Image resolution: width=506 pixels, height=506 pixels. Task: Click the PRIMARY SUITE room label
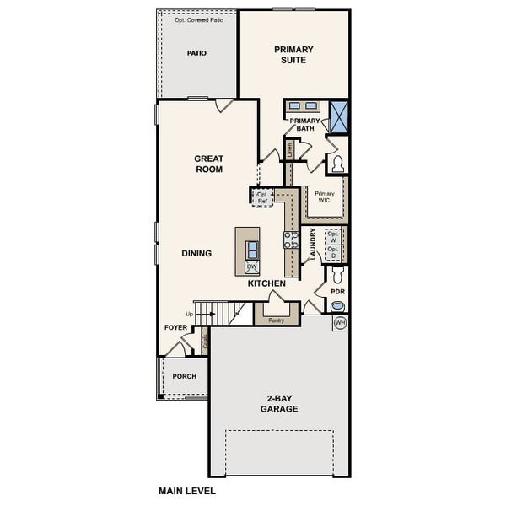coord(293,55)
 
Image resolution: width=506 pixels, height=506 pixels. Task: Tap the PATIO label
coord(196,53)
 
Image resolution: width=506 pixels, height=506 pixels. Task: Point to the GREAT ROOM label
coord(208,164)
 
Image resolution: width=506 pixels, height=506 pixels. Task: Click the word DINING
coord(196,253)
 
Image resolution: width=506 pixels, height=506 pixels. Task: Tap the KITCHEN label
coord(266,283)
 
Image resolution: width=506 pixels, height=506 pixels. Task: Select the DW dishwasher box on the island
coord(252,266)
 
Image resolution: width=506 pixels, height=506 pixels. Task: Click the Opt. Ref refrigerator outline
coord(262,197)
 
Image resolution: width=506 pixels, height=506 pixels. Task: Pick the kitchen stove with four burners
coord(292,239)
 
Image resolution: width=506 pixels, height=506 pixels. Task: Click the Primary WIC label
coord(325,196)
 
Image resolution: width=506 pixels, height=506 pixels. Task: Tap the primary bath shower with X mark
coord(339,116)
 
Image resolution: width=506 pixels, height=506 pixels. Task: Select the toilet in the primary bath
coord(338,164)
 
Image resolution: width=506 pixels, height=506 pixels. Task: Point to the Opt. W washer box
coord(333,235)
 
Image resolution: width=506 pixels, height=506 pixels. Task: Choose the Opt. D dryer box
coord(333,252)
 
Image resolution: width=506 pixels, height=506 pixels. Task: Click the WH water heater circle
coord(341,323)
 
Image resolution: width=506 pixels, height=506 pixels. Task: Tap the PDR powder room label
coord(338,292)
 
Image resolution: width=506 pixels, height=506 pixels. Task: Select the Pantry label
coord(276,320)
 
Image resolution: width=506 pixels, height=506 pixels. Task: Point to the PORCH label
coord(184,376)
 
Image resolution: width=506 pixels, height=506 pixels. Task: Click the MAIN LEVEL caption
coord(187,490)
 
